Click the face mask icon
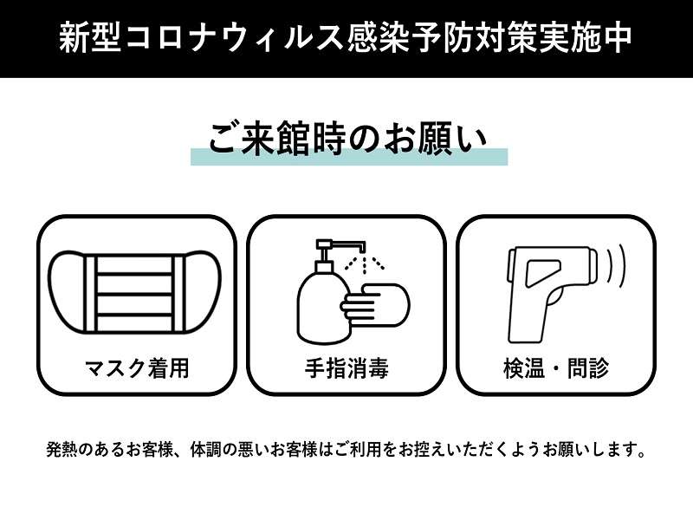tap(135, 293)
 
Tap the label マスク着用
tap(137, 368)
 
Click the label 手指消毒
tap(346, 368)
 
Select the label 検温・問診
tap(556, 368)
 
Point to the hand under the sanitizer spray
tap(376, 305)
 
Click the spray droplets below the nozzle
tap(364, 263)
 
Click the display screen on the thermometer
tap(543, 271)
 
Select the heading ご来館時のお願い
tap(348, 140)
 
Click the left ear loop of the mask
tap(67, 292)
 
